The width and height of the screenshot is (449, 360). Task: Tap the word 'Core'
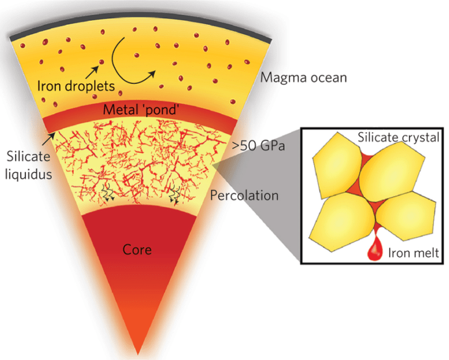137,250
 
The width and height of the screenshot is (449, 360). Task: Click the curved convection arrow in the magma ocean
133,56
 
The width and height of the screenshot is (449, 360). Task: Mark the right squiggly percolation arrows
175,194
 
